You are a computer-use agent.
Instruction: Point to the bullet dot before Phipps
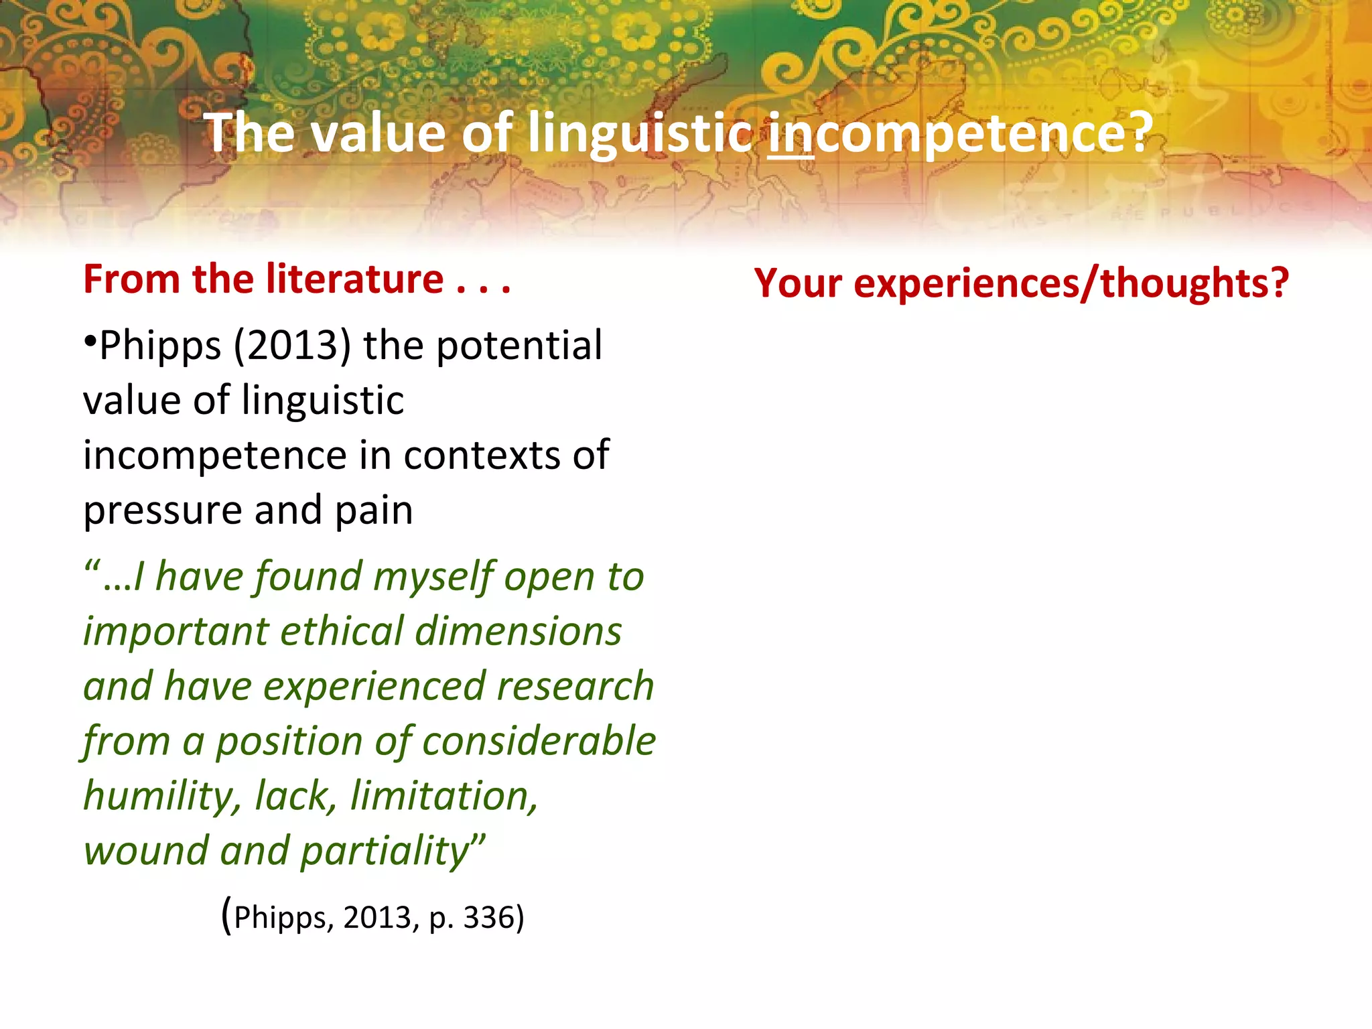point(90,341)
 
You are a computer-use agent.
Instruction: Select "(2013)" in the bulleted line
point(292,346)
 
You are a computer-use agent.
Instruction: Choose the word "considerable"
point(539,741)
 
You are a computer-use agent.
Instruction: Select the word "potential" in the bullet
point(520,346)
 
